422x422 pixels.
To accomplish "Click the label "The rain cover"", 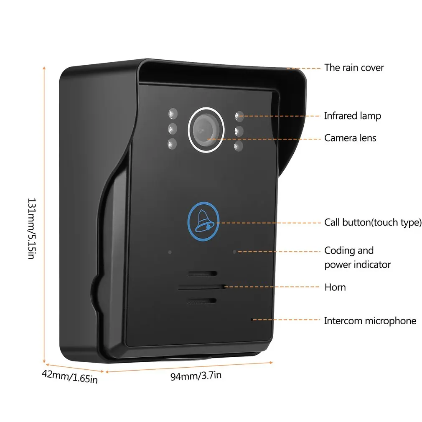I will pos(354,68).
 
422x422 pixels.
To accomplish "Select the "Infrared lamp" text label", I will pos(352,116).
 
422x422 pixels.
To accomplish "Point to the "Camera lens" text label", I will pos(350,138).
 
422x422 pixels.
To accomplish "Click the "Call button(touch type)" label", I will pos(373,222).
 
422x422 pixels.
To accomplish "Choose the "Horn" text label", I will pos(335,287).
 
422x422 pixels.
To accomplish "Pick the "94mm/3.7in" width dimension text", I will pos(196,376).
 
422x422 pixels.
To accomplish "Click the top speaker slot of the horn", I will pos(202,274).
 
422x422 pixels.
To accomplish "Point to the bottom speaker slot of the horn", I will pos(202,301).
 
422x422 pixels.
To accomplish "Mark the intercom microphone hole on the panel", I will pos(252,320).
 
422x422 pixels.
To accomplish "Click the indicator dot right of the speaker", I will pos(234,252).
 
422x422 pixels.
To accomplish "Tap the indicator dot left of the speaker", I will pos(170,252).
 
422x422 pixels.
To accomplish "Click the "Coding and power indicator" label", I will pos(357,257).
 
